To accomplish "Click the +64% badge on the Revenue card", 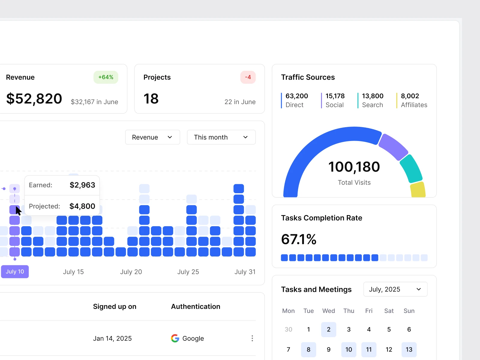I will [106, 77].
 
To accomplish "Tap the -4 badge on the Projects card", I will [248, 77].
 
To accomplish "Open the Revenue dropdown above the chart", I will [152, 137].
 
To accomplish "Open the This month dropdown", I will [221, 137].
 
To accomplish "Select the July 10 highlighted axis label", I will [15, 272].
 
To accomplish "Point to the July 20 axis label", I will [131, 272].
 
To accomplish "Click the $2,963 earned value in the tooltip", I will [82, 185].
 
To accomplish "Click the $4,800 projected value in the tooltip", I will [82, 206].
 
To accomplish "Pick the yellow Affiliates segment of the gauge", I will [418, 190].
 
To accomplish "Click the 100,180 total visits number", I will [354, 167].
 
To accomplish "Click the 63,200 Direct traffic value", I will [297, 96].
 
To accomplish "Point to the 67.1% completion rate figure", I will [299, 239].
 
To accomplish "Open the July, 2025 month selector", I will [395, 289].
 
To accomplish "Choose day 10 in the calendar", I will [349, 349].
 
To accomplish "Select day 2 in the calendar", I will [328, 329].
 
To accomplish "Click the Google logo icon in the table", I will [175, 338].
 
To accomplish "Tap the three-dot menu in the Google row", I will [252, 338].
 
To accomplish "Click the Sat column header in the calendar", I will [389, 311].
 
